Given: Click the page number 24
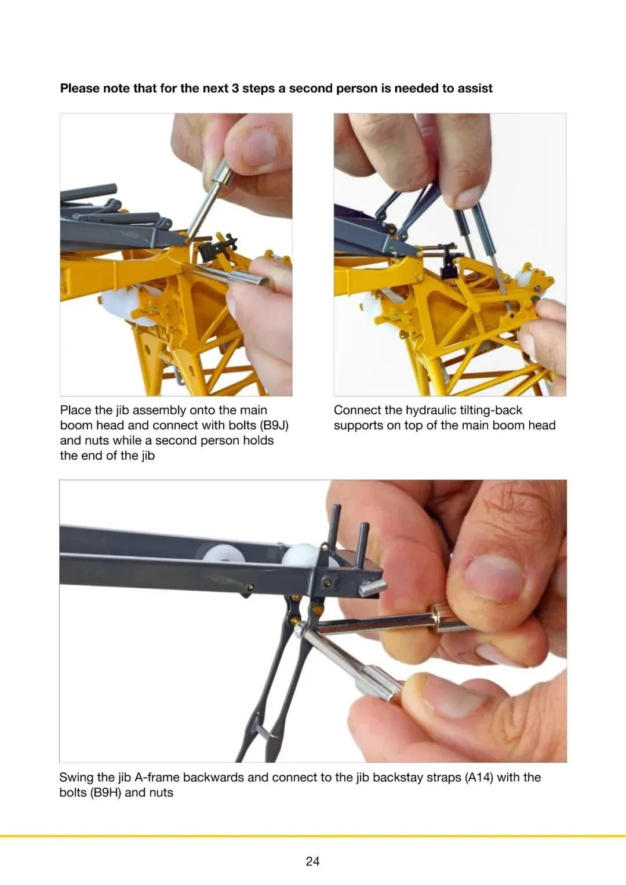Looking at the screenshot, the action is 312,861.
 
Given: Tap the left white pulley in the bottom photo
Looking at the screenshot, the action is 223,556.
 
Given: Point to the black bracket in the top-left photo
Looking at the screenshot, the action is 217,246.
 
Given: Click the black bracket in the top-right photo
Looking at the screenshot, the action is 450,260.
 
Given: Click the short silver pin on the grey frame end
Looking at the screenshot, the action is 372,589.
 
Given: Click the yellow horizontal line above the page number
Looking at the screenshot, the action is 313,836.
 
